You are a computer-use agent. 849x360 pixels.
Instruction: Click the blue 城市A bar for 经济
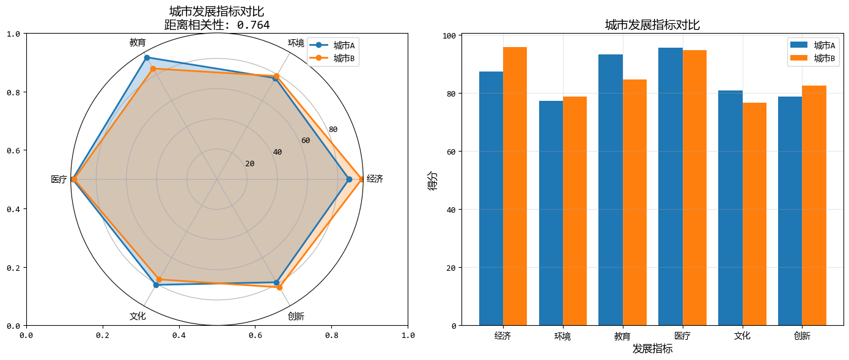(x=491, y=199)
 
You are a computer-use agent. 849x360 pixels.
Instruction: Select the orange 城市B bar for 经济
(x=515, y=186)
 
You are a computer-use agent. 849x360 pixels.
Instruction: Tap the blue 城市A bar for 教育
(x=610, y=190)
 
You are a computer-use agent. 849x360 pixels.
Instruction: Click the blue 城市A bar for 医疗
(x=670, y=186)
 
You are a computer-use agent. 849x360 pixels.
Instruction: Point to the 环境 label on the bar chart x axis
(x=562, y=336)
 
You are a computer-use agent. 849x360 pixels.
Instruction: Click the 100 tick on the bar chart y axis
(x=449, y=35)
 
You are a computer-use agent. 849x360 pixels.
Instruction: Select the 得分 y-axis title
(x=433, y=180)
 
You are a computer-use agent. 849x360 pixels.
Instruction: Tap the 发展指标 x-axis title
(x=652, y=349)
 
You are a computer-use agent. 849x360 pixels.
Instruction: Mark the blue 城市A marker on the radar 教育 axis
(x=147, y=57)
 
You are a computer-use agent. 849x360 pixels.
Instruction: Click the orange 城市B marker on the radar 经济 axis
(x=362, y=179)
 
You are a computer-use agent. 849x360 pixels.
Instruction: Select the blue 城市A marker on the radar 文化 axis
(x=156, y=285)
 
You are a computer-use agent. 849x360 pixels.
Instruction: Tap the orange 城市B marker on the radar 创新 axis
(x=279, y=287)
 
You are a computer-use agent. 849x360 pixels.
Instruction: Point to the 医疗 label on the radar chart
(x=59, y=180)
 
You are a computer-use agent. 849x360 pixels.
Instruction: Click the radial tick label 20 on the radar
(x=249, y=164)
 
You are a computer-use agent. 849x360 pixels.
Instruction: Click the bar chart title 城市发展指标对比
(x=652, y=25)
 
